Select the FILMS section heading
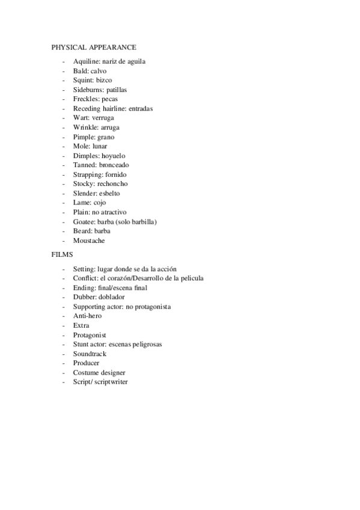63,254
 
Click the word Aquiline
87,61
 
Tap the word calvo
99,71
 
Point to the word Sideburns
88,90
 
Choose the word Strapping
88,174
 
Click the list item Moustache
89,241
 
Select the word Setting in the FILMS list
84,269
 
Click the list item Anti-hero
88,316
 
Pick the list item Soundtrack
90,354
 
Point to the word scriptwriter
110,382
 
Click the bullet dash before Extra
64,325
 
